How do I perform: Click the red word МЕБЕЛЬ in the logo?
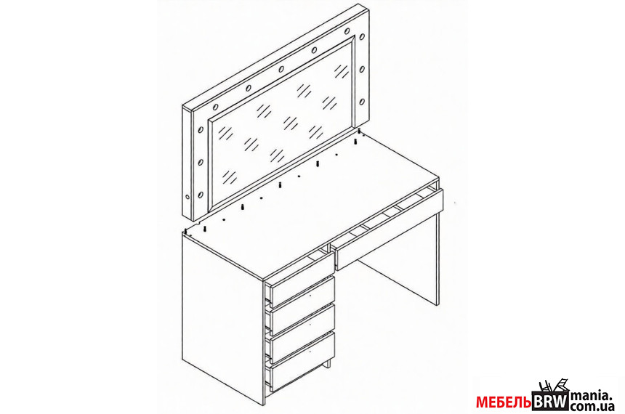point(504,402)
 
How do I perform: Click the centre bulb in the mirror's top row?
point(281,69)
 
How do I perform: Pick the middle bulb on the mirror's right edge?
point(362,69)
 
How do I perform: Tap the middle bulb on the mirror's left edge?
point(201,163)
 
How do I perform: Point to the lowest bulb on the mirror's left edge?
point(201,195)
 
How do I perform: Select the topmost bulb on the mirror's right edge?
point(362,37)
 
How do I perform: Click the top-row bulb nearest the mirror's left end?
point(216,107)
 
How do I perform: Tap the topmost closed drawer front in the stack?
point(302,292)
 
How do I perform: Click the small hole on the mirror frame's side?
point(187,197)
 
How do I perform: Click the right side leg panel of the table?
point(437,259)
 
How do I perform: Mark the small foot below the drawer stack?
point(328,364)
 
